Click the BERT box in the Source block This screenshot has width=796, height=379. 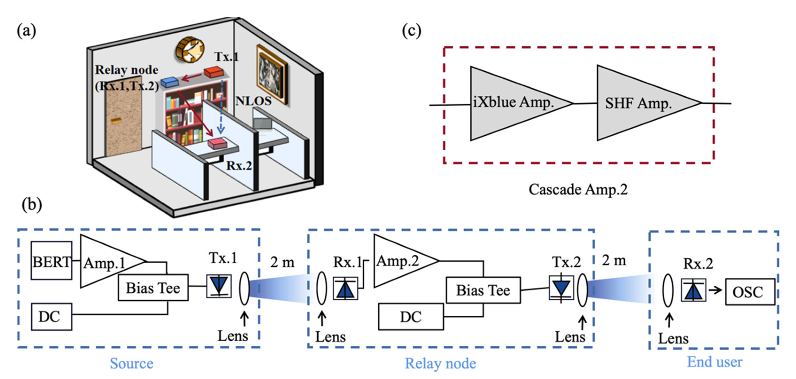pyautogui.click(x=52, y=261)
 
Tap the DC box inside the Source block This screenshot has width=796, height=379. pyautogui.click(x=51, y=317)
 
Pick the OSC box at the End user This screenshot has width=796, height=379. pyautogui.click(x=750, y=292)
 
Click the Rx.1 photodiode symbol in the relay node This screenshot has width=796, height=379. pyautogui.click(x=345, y=288)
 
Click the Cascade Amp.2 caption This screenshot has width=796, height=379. pyautogui.click(x=578, y=189)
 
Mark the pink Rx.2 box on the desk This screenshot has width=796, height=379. pyautogui.click(x=217, y=144)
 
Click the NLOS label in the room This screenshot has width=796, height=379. pyautogui.click(x=253, y=101)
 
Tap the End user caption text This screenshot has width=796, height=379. pyautogui.click(x=714, y=362)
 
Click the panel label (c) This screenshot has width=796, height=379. pyautogui.click(x=411, y=31)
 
